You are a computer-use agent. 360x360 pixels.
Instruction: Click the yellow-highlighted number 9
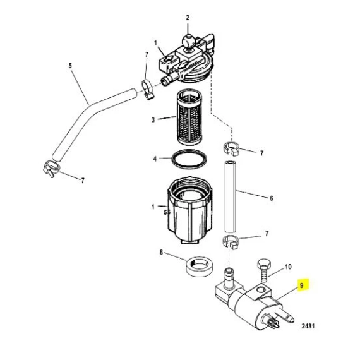click(x=301, y=285)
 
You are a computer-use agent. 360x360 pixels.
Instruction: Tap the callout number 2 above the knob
click(x=188, y=18)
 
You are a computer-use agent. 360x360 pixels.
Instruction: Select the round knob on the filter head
click(x=188, y=40)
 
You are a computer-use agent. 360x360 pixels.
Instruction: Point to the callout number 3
click(x=153, y=120)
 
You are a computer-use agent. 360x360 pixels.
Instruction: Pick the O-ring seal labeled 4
click(x=189, y=159)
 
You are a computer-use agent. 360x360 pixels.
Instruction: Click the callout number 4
click(x=155, y=159)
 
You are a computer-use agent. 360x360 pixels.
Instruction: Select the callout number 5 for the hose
click(x=70, y=66)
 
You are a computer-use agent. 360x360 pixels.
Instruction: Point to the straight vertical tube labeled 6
click(x=231, y=197)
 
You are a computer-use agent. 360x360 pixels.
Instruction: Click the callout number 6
click(x=272, y=198)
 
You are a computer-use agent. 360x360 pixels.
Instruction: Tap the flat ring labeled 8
click(x=199, y=266)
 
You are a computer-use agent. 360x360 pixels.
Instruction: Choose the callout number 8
click(x=161, y=253)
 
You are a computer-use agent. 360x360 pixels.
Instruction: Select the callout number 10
click(x=288, y=267)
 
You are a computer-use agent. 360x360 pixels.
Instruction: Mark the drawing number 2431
click(x=308, y=326)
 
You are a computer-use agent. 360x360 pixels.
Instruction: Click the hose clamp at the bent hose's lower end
click(x=51, y=169)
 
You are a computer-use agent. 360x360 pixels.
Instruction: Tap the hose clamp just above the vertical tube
click(x=231, y=149)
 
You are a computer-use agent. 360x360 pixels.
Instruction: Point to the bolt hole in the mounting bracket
click(x=260, y=290)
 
